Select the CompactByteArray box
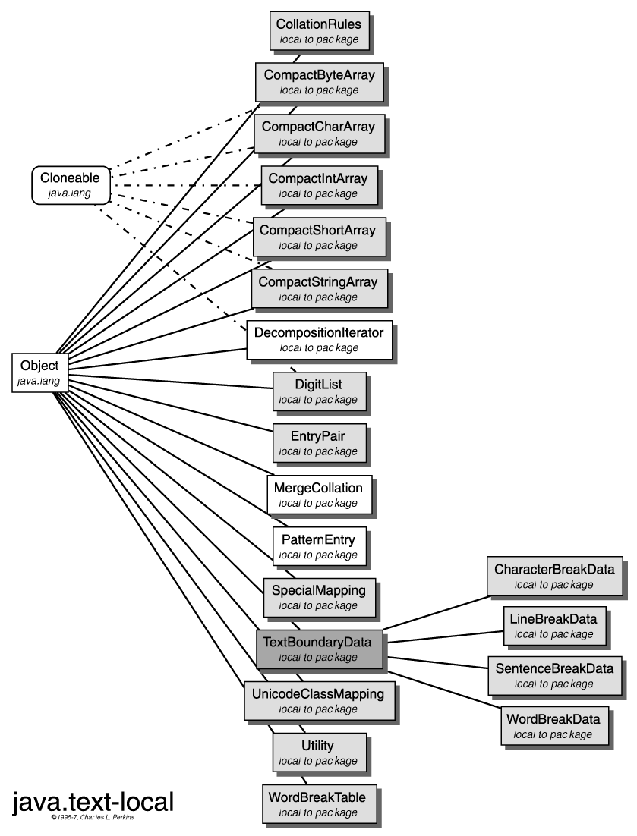(x=319, y=82)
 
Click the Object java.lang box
(x=40, y=372)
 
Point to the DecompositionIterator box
(x=319, y=340)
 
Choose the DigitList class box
(x=318, y=391)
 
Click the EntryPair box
(x=318, y=443)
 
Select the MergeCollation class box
(x=319, y=495)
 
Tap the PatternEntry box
(x=318, y=546)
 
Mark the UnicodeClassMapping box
(x=319, y=701)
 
